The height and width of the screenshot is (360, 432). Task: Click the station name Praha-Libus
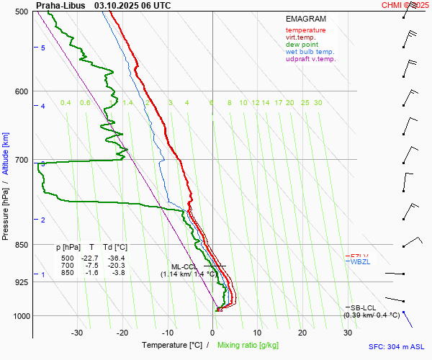(x=59, y=5)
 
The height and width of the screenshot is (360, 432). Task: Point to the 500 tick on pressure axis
(x=22, y=12)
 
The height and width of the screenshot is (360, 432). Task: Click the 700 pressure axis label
(x=22, y=160)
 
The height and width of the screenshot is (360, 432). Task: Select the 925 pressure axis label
(x=22, y=282)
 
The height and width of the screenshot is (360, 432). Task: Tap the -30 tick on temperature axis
(x=77, y=333)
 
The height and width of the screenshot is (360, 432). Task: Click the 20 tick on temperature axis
(x=302, y=333)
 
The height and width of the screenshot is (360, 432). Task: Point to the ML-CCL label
(x=185, y=266)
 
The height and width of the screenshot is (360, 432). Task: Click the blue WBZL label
(x=359, y=262)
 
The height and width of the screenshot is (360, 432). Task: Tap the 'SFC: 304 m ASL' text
(x=398, y=346)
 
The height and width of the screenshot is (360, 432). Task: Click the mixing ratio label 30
(x=318, y=103)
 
